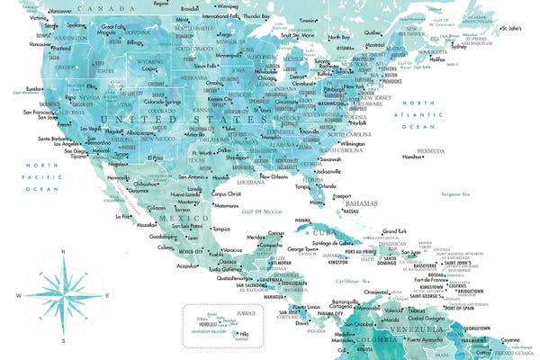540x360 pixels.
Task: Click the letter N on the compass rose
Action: coord(61,251)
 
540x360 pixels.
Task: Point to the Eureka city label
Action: coord(33,88)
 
